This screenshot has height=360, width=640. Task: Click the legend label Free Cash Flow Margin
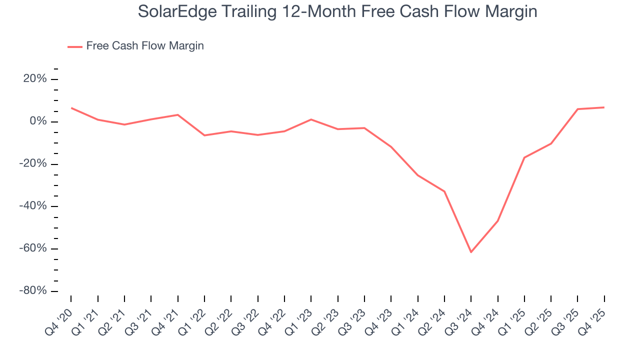tap(145, 46)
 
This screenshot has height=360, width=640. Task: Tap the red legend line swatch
tap(75, 46)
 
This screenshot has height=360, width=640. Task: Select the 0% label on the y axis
tap(38, 121)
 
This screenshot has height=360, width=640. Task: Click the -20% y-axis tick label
tap(33, 164)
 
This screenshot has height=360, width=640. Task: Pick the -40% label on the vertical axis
tap(33, 206)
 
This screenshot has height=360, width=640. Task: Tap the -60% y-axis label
tap(33, 248)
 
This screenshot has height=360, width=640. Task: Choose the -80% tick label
tap(33, 291)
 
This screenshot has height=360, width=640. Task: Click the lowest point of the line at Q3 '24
tap(471, 252)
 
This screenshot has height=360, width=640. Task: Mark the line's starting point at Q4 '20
tap(71, 108)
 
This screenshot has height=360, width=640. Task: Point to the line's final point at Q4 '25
tap(604, 107)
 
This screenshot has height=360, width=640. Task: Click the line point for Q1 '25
tap(524, 157)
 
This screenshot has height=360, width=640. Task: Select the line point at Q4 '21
tap(177, 115)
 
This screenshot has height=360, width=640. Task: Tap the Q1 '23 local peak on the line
tap(311, 119)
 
